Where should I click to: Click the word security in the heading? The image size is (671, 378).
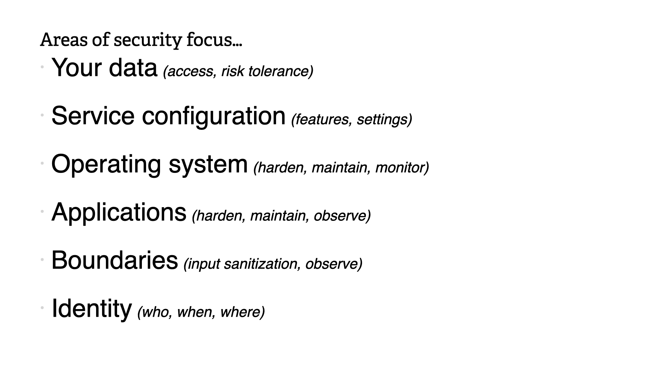point(148,40)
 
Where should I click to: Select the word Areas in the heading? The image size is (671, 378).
point(64,40)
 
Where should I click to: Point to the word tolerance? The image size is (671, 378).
point(280,71)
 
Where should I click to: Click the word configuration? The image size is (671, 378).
point(214,117)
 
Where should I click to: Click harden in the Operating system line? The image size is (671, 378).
point(280,168)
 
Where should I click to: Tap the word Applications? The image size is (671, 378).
point(119,213)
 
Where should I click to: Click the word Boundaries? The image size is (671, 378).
point(115,260)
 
